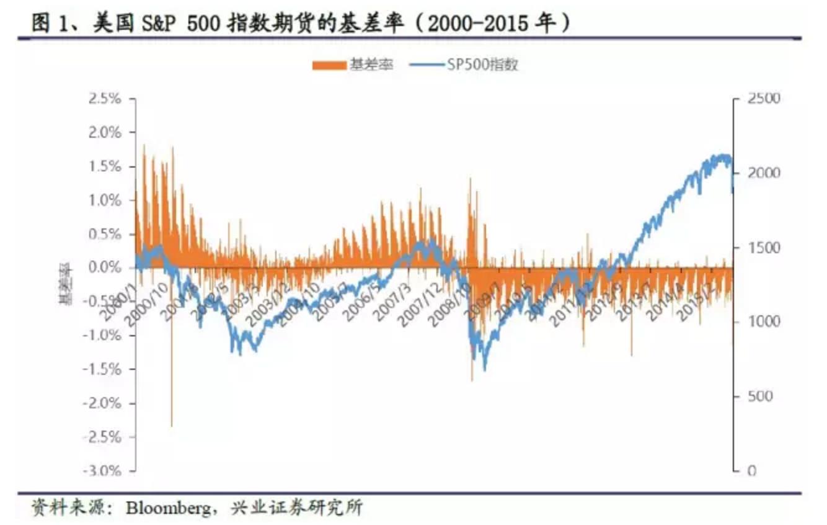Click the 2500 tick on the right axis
(763, 99)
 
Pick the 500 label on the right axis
(759, 397)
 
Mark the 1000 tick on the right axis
(763, 322)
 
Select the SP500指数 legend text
(482, 65)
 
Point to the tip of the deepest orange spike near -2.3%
(172, 426)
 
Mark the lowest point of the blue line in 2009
(484, 370)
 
